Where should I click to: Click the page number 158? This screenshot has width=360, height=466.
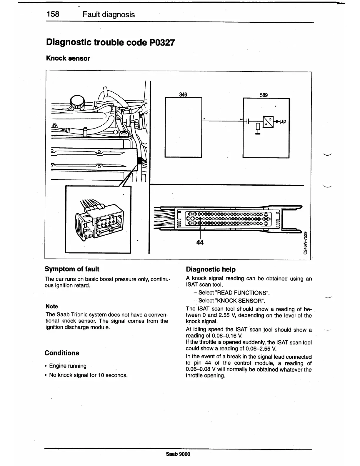point(53,14)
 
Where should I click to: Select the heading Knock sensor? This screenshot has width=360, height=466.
point(68,58)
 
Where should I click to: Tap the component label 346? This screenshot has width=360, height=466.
point(183,94)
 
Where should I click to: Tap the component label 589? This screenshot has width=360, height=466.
point(264,95)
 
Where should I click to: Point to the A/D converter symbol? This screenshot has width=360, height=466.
point(268,122)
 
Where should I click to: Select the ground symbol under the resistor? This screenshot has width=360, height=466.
point(258,134)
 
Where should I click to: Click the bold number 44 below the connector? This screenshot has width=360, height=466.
point(200,242)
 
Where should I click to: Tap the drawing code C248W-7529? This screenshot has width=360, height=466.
point(306,243)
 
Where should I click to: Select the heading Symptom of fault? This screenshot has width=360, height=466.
point(72,269)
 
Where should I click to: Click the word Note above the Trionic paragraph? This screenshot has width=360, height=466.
point(52,306)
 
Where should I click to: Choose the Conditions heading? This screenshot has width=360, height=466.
point(62,353)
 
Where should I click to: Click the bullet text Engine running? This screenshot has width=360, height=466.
point(68,366)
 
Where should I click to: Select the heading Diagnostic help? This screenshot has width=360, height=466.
point(211,269)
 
